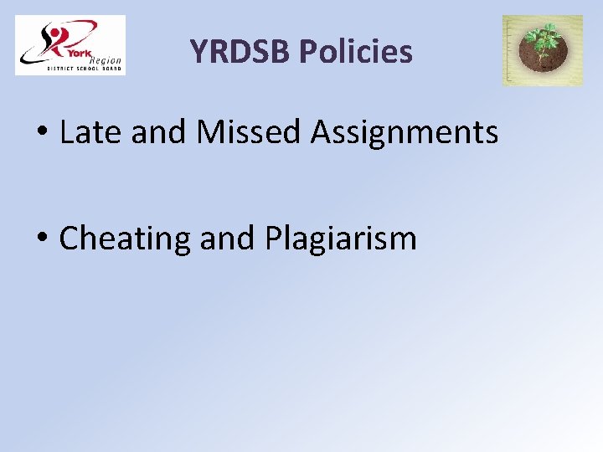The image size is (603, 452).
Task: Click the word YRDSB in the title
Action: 240,52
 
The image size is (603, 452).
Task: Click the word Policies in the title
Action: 356,52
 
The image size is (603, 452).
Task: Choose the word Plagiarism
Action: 341,239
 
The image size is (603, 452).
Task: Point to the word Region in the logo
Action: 105,59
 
